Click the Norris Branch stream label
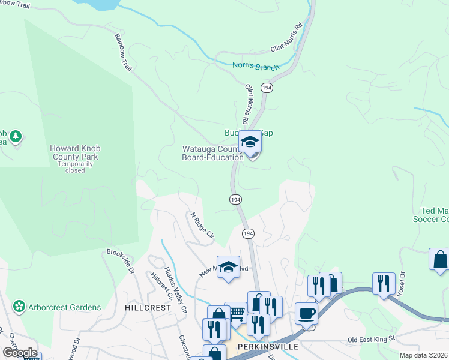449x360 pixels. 256,67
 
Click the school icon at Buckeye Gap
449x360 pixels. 250,142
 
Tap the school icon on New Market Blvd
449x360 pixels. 228,267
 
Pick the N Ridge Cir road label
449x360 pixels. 202,225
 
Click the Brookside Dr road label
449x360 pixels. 121,261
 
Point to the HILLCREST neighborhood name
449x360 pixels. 148,307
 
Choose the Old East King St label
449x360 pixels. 372,339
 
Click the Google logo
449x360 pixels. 20,353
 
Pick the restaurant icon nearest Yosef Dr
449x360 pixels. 383,283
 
